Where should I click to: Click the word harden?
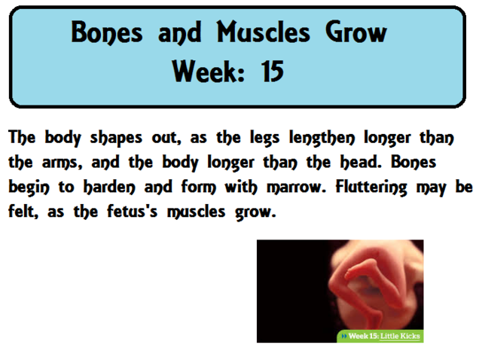click(x=110, y=186)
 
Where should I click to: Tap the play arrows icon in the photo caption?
click(x=344, y=336)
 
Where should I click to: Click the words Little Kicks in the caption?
click(x=401, y=336)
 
